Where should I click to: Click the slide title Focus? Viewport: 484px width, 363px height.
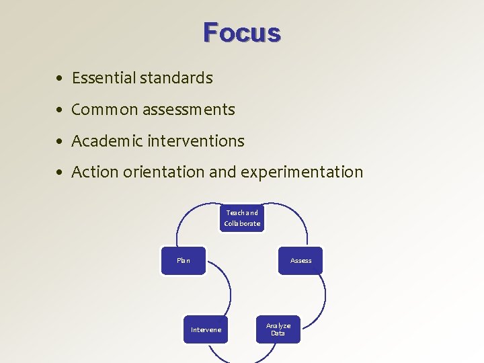click(242, 32)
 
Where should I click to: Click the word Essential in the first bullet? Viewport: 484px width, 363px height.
click(104, 78)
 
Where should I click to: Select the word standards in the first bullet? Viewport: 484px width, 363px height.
click(176, 78)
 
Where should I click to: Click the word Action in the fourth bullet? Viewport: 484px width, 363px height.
click(94, 172)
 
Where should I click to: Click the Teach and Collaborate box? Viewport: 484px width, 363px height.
click(242, 218)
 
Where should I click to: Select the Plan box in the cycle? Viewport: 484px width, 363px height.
click(184, 261)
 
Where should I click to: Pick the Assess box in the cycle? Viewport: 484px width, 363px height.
click(300, 261)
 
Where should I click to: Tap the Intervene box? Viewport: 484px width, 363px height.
click(206, 329)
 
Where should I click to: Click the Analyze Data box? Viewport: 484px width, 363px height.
click(278, 329)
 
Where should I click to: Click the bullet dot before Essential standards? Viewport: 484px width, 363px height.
click(61, 79)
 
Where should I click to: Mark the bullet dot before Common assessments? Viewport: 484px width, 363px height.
click(61, 110)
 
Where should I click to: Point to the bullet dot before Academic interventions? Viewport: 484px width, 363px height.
click(61, 142)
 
